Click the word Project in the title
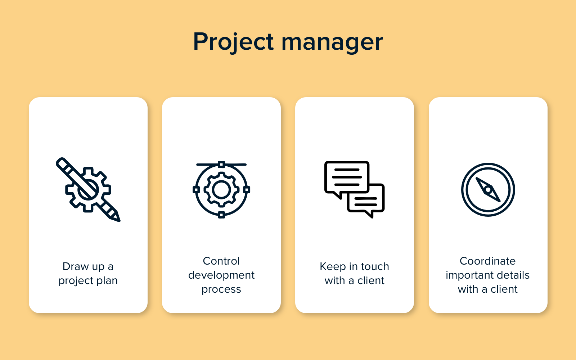pyautogui.click(x=234, y=42)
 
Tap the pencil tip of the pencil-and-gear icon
pyautogui.click(x=117, y=219)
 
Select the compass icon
pyautogui.click(x=488, y=190)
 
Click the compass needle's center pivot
pyautogui.click(x=488, y=190)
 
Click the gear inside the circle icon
pyautogui.click(x=221, y=190)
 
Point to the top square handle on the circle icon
pyautogui.click(x=221, y=165)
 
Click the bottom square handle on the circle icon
pyautogui.click(x=221, y=215)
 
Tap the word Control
pyautogui.click(x=221, y=261)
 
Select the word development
pyautogui.click(x=221, y=275)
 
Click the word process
pyautogui.click(x=221, y=290)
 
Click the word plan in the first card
pyautogui.click(x=107, y=281)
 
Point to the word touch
pyautogui.click(x=375, y=267)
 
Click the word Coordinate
pyautogui.click(x=487, y=261)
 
